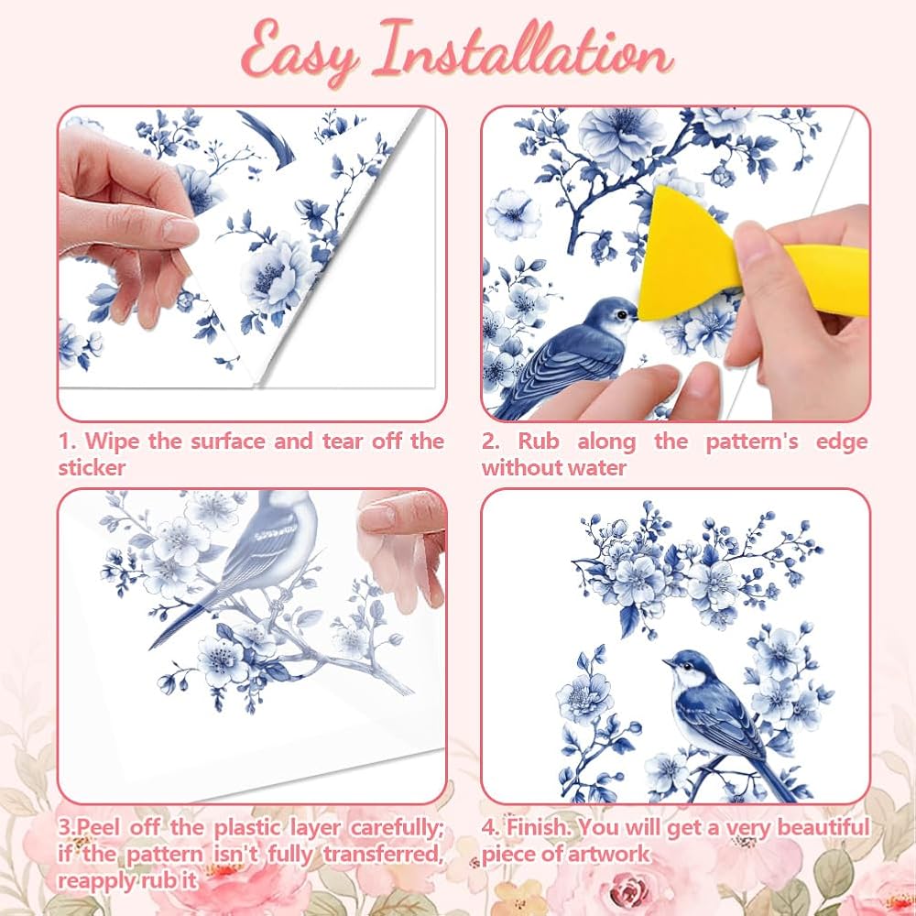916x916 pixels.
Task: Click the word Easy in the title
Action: [x=300, y=54]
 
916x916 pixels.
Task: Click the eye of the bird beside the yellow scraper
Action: [x=622, y=314]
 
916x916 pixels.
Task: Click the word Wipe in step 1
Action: [x=112, y=442]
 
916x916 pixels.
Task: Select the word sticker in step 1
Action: [x=92, y=467]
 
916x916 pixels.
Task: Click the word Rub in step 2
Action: [x=538, y=442]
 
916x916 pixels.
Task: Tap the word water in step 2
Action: [x=598, y=467]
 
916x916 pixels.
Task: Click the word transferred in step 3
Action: [x=384, y=854]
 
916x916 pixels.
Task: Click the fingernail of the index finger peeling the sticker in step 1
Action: [x=179, y=230]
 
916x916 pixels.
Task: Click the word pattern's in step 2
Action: [x=752, y=442]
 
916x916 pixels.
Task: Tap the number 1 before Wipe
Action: [x=65, y=442]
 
